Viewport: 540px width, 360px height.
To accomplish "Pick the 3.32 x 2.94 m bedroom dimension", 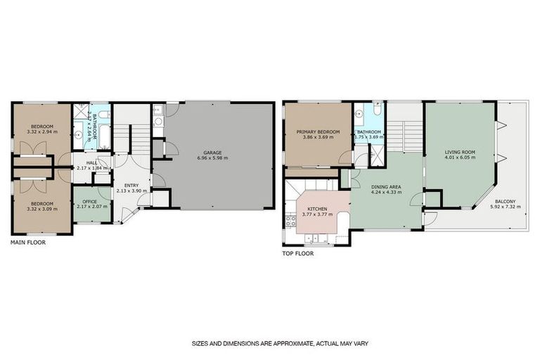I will coord(41,131).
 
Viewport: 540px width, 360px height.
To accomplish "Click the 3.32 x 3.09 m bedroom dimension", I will coord(41,205).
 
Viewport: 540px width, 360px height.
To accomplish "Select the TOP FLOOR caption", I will coord(297,254).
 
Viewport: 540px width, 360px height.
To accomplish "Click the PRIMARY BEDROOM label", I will coord(318,131).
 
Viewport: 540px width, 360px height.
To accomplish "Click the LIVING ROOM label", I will coord(459,151).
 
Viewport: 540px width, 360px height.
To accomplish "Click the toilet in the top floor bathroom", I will coord(377,110).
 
